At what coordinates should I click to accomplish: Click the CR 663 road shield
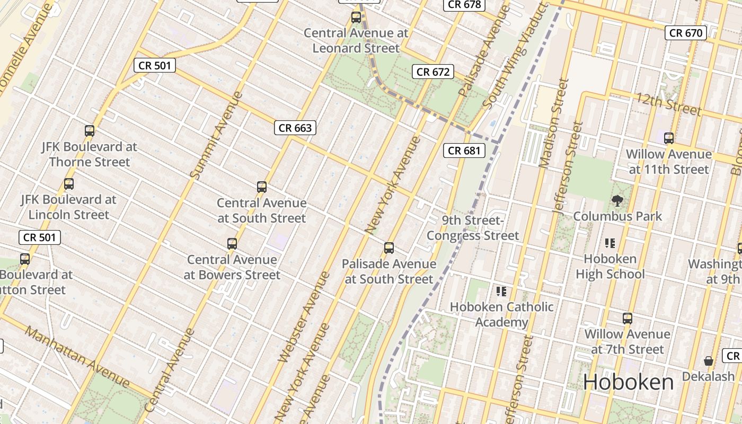coord(295,128)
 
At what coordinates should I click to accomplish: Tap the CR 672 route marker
coord(433,72)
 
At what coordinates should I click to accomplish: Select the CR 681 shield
coord(464,151)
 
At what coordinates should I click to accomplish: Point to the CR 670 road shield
coord(686,33)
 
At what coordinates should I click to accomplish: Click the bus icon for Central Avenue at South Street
coord(261,187)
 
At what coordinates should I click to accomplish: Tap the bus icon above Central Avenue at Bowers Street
coord(232,244)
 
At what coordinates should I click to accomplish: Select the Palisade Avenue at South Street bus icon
coord(389,248)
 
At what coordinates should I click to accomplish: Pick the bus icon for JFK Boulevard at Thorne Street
coord(90,131)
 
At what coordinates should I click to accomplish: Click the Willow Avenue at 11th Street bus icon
coord(669,138)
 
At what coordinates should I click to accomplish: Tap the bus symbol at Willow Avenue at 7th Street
coord(628,319)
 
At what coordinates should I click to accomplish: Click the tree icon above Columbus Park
coord(617,200)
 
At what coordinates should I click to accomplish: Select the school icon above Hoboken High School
coord(609,243)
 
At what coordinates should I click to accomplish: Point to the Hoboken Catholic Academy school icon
coord(501,291)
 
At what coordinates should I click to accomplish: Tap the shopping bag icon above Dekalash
coord(708,361)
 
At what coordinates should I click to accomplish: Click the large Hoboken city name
coord(629,382)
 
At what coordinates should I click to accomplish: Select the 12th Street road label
coord(669,104)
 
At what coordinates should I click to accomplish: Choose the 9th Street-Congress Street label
coord(473,228)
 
